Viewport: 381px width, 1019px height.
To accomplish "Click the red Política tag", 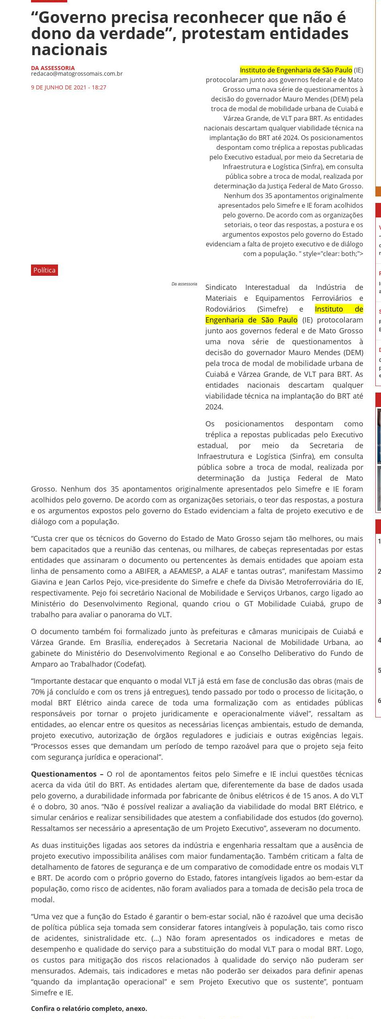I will click(44, 270).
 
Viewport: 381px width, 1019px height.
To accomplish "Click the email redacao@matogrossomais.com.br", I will click(77, 74).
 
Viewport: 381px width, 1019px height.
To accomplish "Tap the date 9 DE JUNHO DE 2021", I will click(58, 87).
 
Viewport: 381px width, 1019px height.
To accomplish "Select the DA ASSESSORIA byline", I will click(53, 68).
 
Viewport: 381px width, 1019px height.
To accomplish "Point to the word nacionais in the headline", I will click(69, 50).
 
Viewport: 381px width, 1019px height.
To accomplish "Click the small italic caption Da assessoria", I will click(184, 284).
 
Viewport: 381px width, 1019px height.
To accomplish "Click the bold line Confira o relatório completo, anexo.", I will click(89, 1009).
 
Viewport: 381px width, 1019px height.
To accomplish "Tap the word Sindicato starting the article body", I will click(221, 287).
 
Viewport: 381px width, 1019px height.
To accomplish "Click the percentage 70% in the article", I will click(39, 692).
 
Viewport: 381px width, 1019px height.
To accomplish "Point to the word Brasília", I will click(120, 642).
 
